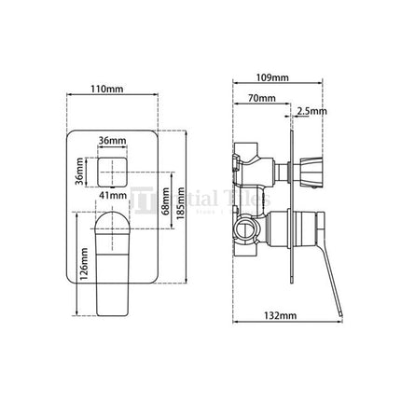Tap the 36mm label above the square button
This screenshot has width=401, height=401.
tap(111, 140)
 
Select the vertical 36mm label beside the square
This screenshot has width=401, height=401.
tap(80, 171)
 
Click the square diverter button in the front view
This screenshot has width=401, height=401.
tap(112, 169)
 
